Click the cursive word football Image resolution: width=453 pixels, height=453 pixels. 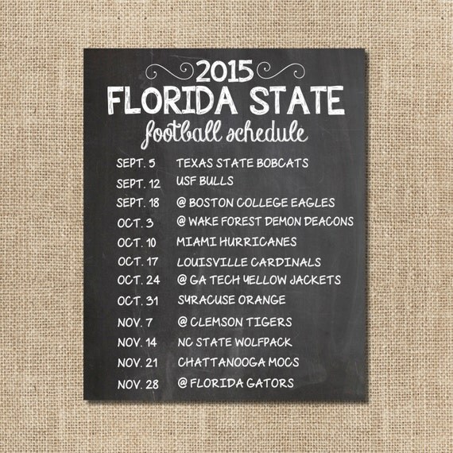point(190,132)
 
